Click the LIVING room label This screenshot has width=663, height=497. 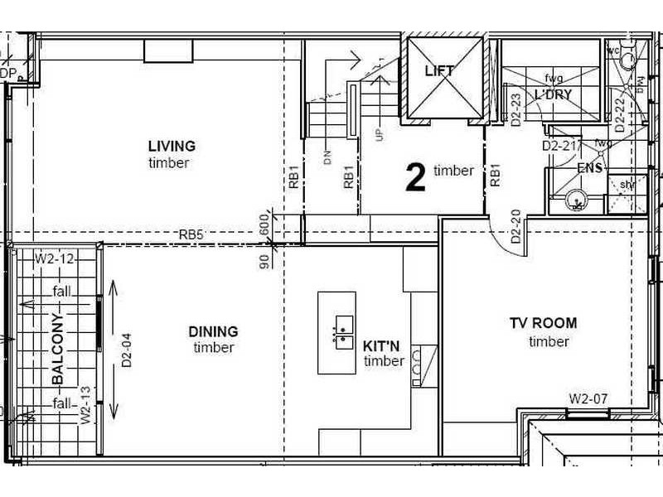172,147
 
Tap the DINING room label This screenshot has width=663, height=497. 213,331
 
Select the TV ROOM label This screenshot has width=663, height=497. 543,323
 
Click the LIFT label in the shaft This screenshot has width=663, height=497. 439,70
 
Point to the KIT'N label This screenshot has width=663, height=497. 383,345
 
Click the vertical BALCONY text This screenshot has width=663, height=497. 58,348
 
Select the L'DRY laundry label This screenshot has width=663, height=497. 553,94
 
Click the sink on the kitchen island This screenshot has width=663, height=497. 344,332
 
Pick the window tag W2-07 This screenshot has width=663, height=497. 588,398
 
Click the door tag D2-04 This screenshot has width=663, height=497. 127,350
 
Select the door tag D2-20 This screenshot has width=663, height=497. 515,225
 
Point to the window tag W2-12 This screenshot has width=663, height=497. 55,259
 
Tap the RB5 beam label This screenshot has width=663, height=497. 191,235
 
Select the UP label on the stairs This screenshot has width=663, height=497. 380,133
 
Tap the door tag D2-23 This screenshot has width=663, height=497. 515,109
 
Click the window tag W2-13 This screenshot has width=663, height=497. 85,406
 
